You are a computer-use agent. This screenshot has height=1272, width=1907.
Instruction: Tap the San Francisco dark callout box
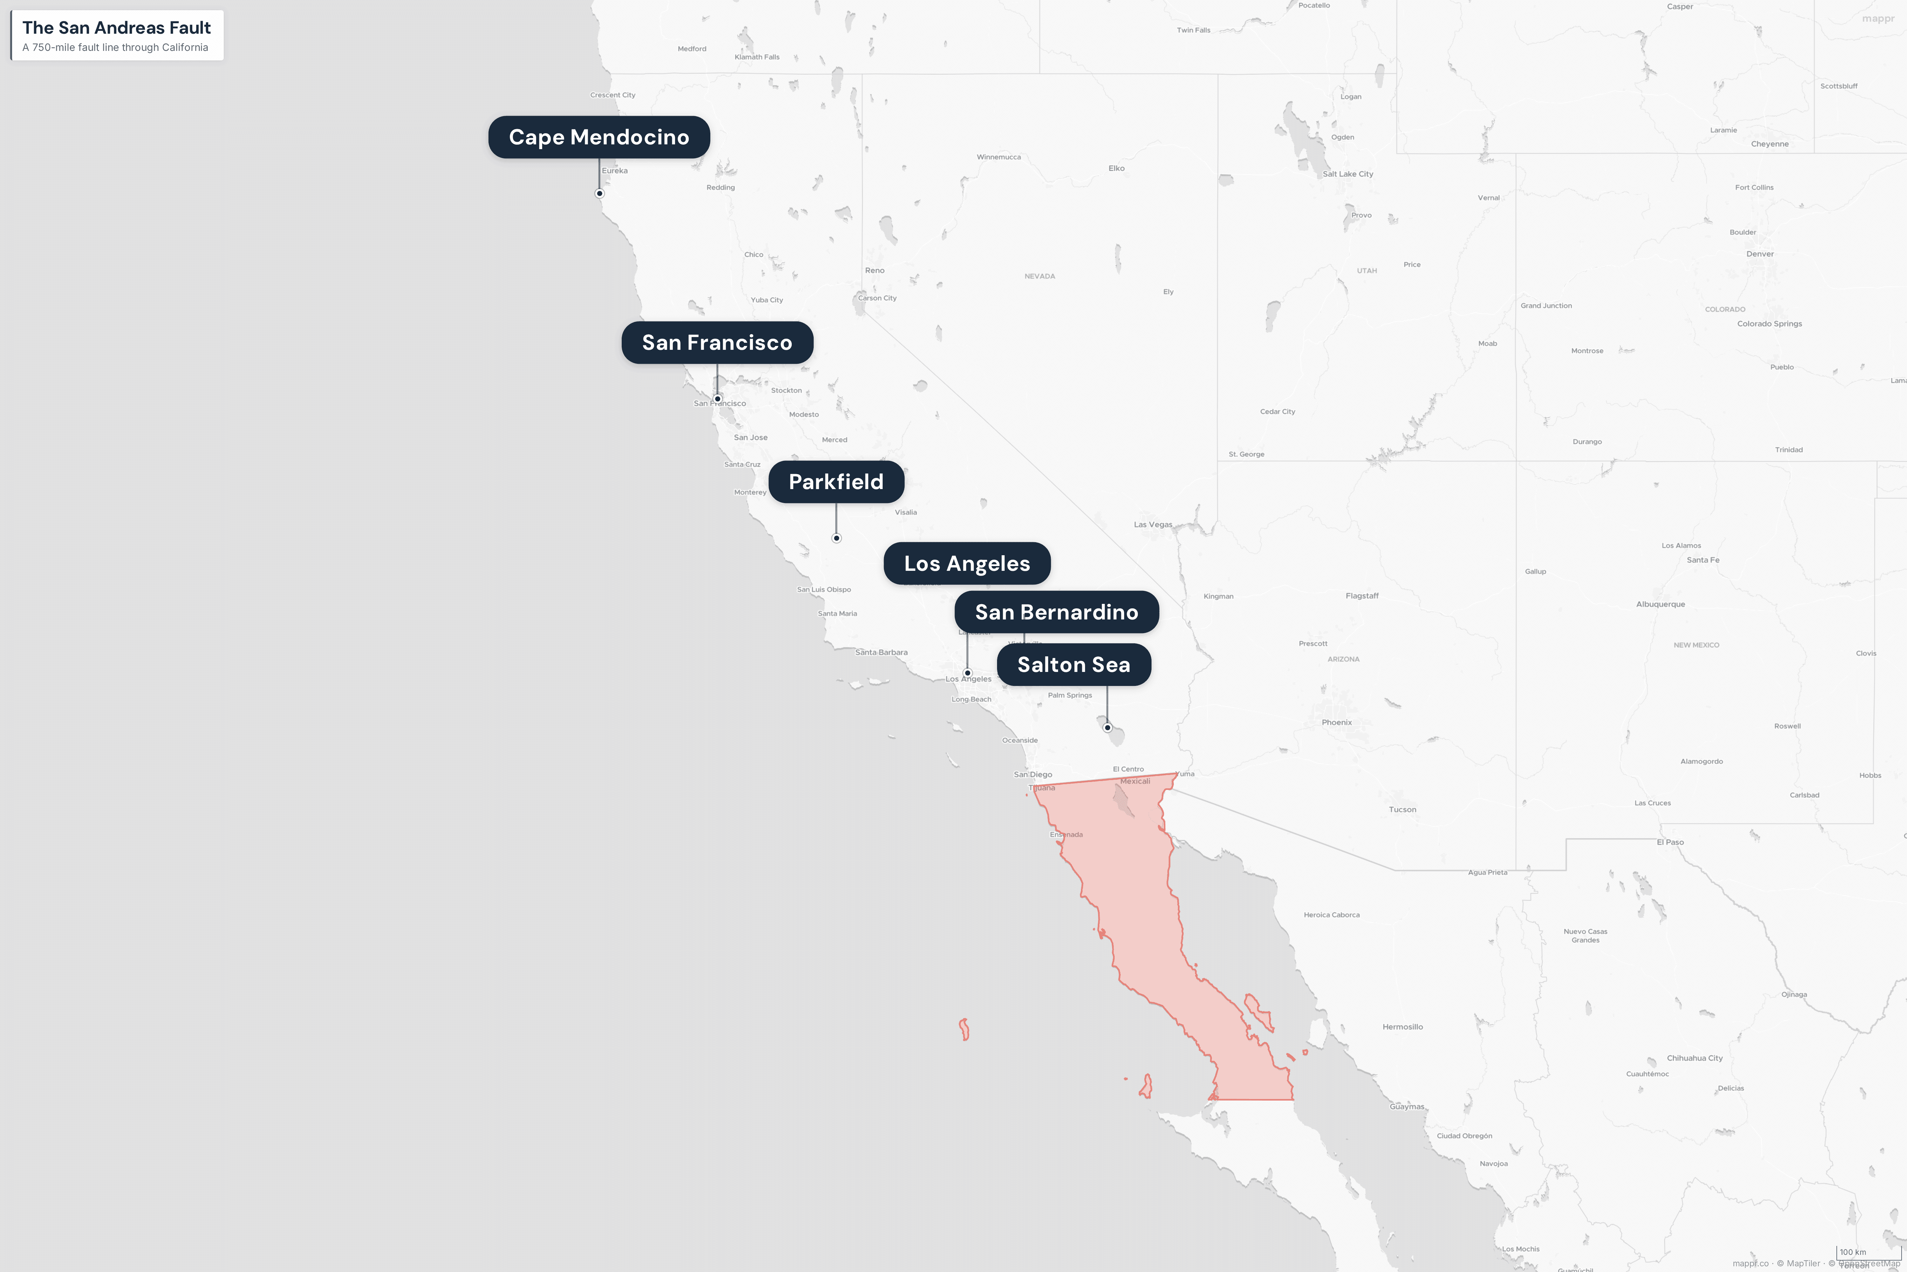point(717,342)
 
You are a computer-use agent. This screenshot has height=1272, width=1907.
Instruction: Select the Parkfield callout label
point(836,482)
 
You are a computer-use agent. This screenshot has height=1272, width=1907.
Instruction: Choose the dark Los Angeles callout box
point(967,564)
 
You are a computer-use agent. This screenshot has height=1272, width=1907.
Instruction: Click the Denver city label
point(1760,254)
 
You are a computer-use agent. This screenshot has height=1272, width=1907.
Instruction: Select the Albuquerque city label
point(1660,605)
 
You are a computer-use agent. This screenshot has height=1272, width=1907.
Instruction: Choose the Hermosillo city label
point(1402,1027)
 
